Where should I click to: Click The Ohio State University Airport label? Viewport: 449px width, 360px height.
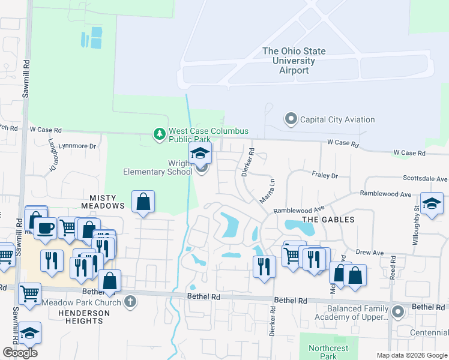click(294, 61)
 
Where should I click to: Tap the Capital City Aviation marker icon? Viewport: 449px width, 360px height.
click(291, 119)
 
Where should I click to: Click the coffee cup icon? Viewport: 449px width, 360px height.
click(46, 228)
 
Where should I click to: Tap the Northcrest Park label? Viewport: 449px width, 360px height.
click(328, 352)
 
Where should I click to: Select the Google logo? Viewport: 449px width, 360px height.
click(20, 353)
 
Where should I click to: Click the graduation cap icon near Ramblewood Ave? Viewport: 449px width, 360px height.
click(431, 203)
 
